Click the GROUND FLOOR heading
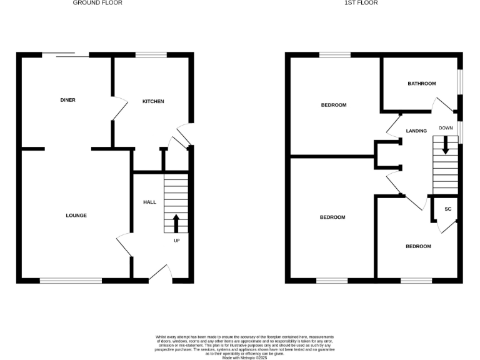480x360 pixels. pyautogui.click(x=97, y=3)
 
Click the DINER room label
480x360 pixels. pyautogui.click(x=68, y=100)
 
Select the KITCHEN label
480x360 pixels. pyautogui.click(x=153, y=101)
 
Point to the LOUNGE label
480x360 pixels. pyautogui.click(x=76, y=216)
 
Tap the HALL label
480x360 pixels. pyautogui.click(x=150, y=202)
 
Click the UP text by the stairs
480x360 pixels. pyautogui.click(x=176, y=240)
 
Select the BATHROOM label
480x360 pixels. pyautogui.click(x=422, y=83)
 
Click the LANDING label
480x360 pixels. pyautogui.click(x=416, y=131)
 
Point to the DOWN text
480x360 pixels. pyautogui.click(x=446, y=128)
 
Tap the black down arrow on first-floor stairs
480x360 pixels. pyautogui.click(x=446, y=146)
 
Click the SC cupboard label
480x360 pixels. pyautogui.click(x=448, y=209)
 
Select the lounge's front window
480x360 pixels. pyautogui.click(x=71, y=281)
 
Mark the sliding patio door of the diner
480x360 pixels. pyautogui.click(x=66, y=55)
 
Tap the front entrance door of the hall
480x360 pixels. pyautogui.click(x=161, y=275)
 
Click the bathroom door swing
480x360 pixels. pyautogui.click(x=444, y=104)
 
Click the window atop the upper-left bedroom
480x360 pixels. pyautogui.click(x=334, y=55)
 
